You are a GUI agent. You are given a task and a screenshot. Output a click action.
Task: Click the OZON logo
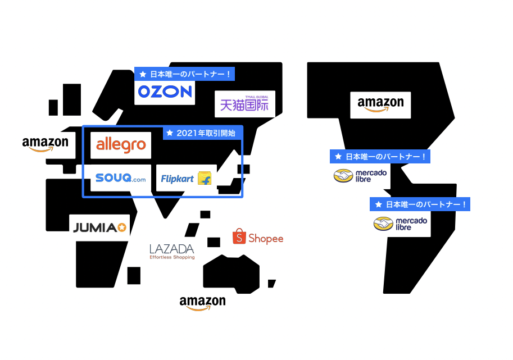click(165, 92)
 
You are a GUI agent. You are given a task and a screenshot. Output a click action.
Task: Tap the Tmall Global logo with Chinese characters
click(244, 104)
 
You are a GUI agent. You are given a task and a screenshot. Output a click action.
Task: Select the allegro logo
click(121, 145)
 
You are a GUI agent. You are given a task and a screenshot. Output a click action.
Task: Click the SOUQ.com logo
click(120, 178)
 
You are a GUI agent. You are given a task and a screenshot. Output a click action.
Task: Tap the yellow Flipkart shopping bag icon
click(205, 179)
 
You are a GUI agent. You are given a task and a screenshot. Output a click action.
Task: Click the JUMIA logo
click(99, 227)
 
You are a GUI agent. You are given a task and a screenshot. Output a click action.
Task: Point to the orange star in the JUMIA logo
click(122, 227)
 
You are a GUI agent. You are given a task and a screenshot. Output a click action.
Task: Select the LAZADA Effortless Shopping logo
click(172, 251)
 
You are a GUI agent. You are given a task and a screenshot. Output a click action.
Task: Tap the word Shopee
click(266, 239)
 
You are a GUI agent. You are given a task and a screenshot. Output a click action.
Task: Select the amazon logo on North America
click(380, 104)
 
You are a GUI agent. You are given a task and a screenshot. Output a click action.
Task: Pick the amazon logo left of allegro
click(45, 144)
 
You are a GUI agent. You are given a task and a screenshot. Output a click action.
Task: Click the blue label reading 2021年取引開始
click(203, 133)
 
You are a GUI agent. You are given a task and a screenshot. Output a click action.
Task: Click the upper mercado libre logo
click(360, 176)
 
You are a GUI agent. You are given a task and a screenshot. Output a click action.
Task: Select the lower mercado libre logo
click(400, 224)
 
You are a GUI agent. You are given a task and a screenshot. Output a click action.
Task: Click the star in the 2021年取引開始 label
click(170, 133)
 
